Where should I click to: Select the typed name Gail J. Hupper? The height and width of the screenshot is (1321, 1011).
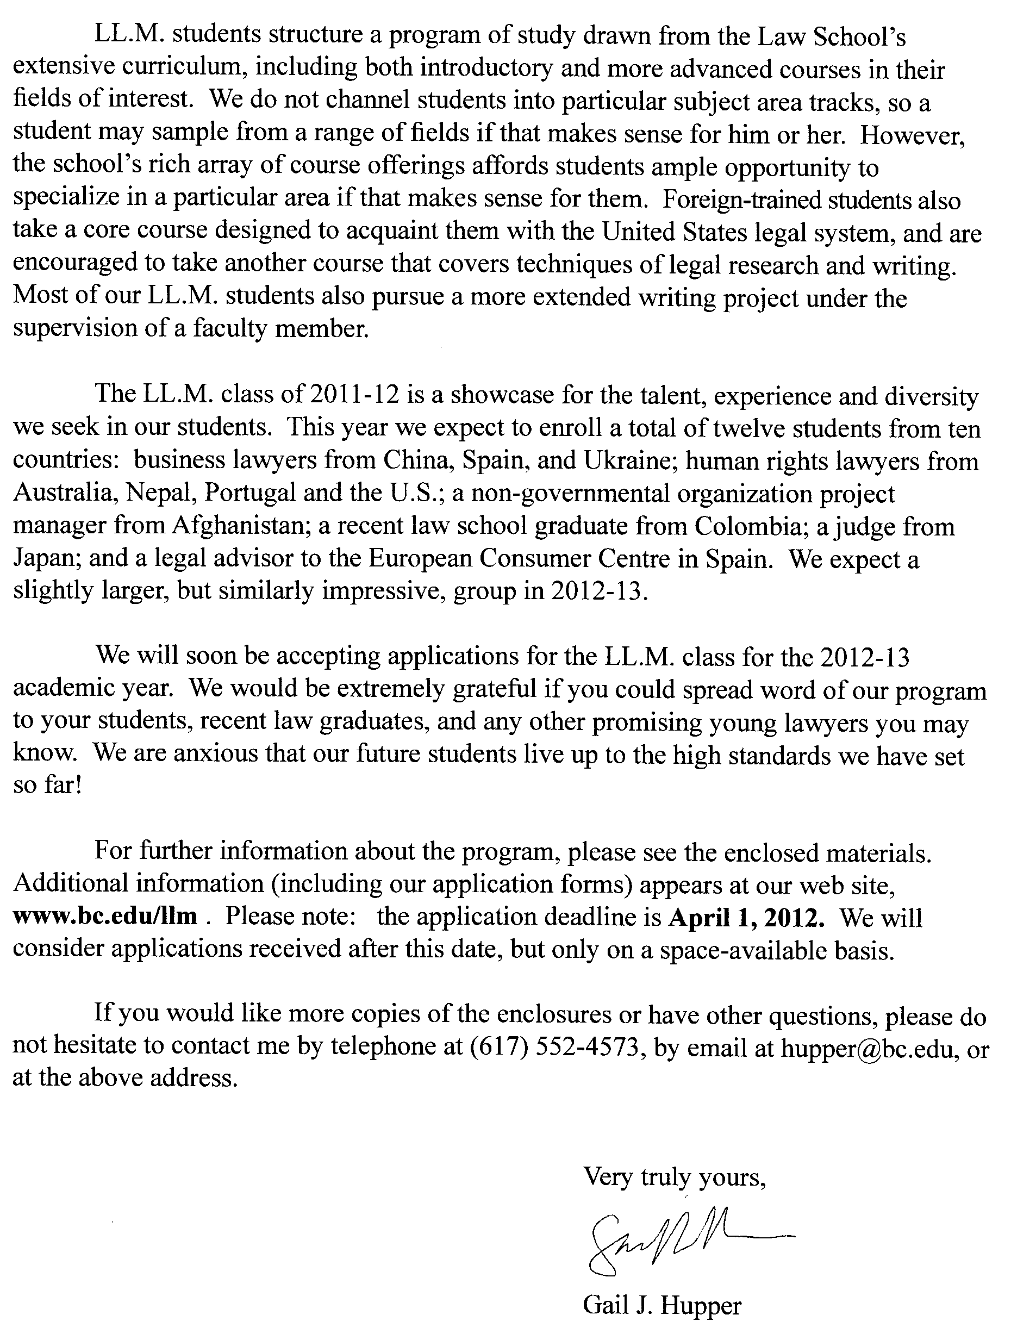pyautogui.click(x=661, y=1305)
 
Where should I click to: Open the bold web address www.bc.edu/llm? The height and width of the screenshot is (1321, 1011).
pyautogui.click(x=105, y=916)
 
